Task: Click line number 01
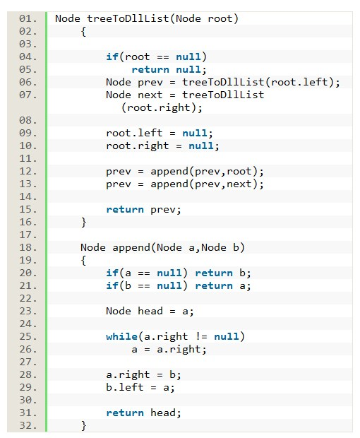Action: coord(28,18)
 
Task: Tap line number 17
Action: coord(28,235)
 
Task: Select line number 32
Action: coord(28,426)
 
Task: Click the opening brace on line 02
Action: coord(83,32)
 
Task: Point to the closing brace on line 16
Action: coord(83,223)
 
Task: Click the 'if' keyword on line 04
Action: coord(112,57)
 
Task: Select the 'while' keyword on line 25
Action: coord(121,336)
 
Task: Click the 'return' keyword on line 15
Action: coord(125,210)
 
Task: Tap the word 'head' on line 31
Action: coord(163,413)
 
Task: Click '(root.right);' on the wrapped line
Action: coord(162,108)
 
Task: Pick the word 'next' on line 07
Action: coord(150,95)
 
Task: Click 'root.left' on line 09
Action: coord(134,133)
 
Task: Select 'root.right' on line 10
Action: coord(138,146)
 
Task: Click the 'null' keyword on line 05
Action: coord(188,69)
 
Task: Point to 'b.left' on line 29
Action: coord(124,387)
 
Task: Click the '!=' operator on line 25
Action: coord(201,336)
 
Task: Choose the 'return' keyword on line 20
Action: coord(214,273)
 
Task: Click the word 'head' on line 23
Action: coord(150,311)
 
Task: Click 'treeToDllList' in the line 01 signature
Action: coord(128,18)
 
